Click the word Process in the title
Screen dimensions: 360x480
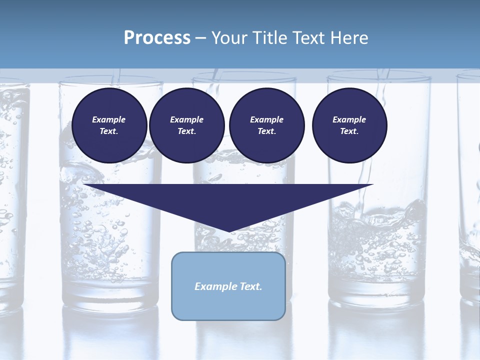(157, 38)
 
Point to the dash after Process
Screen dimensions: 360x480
(201, 38)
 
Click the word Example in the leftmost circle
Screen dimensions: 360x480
(108, 119)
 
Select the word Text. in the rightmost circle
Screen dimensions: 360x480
(349, 131)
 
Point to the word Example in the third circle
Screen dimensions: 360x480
(266, 119)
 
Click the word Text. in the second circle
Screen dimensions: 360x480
(186, 131)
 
